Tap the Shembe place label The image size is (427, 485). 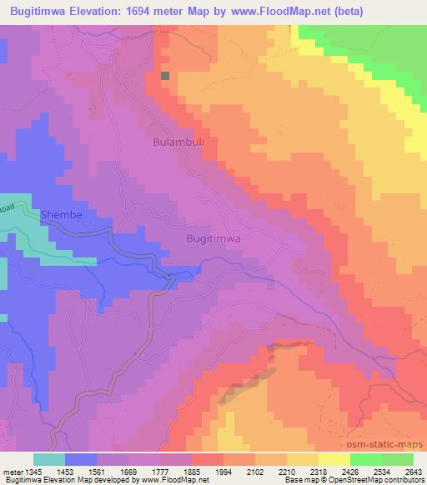(62, 215)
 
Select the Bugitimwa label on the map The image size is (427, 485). (213, 238)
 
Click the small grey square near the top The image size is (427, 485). (165, 76)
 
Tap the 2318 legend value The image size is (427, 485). (308, 472)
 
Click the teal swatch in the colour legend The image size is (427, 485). (48, 459)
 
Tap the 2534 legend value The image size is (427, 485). (374, 472)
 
